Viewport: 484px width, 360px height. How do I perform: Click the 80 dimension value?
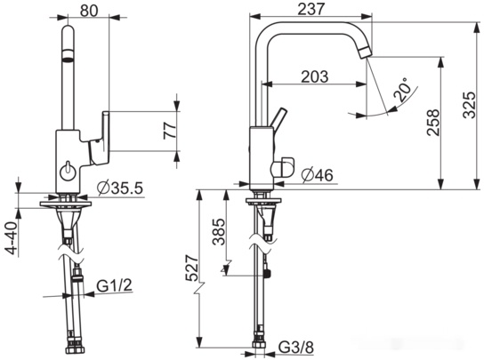pyautogui.click(x=89, y=11)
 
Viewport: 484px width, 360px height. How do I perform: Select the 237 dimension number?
pyautogui.click(x=311, y=9)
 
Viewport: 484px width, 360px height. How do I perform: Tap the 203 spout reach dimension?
pyautogui.click(x=315, y=76)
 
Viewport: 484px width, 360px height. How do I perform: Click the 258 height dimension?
pyautogui.click(x=433, y=122)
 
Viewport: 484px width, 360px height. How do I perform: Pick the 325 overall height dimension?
pyautogui.click(x=471, y=105)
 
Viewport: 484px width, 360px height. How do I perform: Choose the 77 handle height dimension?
pyautogui.click(x=170, y=131)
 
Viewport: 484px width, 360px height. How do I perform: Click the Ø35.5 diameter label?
pyautogui.click(x=120, y=188)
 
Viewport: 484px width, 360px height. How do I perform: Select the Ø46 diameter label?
pyautogui.click(x=318, y=175)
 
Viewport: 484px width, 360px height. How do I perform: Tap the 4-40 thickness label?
pyautogui.click(x=12, y=238)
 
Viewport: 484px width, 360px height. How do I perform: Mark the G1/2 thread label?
pyautogui.click(x=115, y=285)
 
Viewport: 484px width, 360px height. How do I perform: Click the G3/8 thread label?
pyautogui.click(x=296, y=348)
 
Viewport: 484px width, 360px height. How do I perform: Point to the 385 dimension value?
pyautogui.click(x=219, y=231)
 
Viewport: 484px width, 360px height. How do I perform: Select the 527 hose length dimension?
pyautogui.click(x=191, y=268)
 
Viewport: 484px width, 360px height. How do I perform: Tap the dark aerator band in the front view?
pyautogui.click(x=69, y=54)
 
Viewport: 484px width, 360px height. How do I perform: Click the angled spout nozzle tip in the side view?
pyautogui.click(x=366, y=52)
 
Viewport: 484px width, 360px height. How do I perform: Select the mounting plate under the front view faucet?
pyautogui.click(x=66, y=204)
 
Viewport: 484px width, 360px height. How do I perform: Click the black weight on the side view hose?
pyautogui.click(x=267, y=273)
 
